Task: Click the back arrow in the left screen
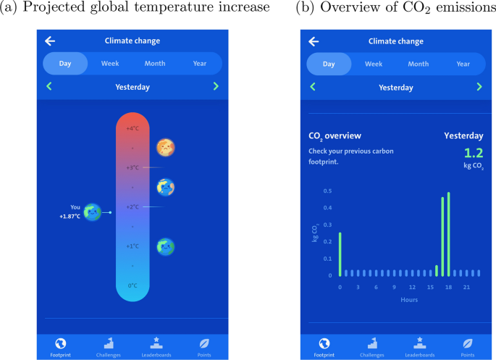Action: point(50,41)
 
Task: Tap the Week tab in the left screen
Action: point(110,64)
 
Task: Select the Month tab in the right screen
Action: point(418,64)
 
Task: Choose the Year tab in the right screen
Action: point(463,64)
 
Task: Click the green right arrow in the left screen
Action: point(216,87)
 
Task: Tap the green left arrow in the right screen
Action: point(313,87)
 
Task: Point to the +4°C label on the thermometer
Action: point(133,129)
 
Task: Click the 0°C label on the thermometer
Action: point(133,285)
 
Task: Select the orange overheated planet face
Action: point(166,148)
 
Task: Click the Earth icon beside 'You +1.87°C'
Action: point(92,212)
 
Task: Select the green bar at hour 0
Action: point(340,254)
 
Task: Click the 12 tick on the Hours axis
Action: point(412,287)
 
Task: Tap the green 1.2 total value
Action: point(473,153)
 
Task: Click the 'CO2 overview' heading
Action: point(335,135)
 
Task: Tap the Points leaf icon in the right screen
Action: point(468,343)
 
